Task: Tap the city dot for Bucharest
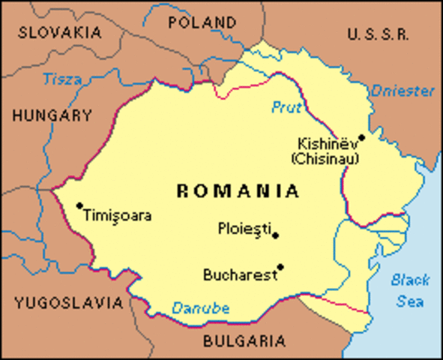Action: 280,266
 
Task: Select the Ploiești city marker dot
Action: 276,235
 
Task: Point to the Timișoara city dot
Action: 79,205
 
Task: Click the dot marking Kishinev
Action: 361,137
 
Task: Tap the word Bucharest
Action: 239,275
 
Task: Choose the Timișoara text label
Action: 118,216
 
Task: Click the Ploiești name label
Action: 244,227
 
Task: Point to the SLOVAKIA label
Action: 59,32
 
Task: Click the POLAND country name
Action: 202,22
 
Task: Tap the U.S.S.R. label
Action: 378,33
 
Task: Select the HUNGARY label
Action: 52,116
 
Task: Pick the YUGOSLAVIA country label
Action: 67,303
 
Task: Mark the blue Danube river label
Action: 201,307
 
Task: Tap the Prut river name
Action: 286,108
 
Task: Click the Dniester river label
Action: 403,91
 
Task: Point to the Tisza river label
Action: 63,79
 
